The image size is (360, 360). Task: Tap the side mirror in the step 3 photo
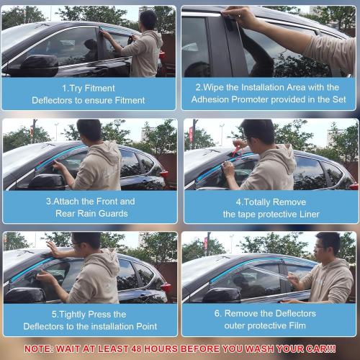click(47, 181)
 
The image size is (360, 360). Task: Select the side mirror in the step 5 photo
click(25, 294)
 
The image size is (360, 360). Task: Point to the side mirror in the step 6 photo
click(222, 294)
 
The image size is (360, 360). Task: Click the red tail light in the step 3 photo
click(164, 174)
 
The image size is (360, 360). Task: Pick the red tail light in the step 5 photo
click(166, 287)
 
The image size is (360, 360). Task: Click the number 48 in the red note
click(136, 348)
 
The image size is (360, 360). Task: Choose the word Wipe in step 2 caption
click(213, 87)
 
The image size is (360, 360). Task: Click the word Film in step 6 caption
click(297, 325)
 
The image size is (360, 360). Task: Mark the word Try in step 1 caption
click(76, 89)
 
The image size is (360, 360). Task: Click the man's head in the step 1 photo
click(148, 20)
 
